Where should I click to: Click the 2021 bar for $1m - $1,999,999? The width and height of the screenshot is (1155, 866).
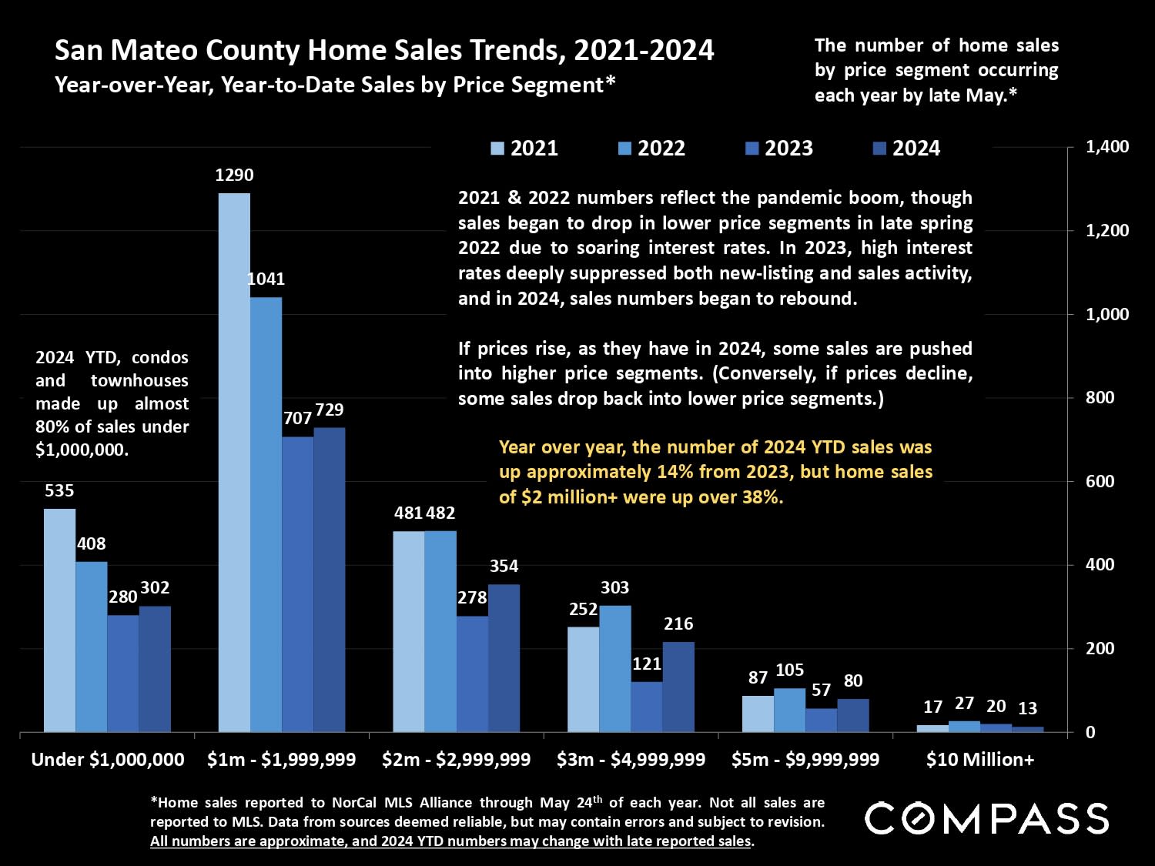coord(234,462)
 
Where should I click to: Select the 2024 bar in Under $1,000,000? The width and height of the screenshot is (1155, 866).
coord(155,669)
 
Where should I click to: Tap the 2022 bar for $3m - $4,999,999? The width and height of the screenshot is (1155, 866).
coord(615,668)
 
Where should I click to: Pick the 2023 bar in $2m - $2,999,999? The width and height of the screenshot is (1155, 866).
coord(472,674)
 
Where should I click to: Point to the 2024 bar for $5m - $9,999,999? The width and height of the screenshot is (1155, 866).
coord(853,715)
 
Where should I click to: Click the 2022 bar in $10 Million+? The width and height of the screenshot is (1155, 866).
coord(964,726)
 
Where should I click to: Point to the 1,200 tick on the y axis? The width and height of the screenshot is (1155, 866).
coord(1107,230)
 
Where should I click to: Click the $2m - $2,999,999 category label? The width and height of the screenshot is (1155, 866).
coord(457,760)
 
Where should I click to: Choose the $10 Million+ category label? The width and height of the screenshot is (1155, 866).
coord(980,760)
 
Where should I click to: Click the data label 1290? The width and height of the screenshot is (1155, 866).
coord(234,176)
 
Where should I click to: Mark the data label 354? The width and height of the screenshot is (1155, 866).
coord(504,567)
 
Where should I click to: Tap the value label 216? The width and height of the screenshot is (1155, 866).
coord(678,624)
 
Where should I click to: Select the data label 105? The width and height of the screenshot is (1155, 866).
coord(789,670)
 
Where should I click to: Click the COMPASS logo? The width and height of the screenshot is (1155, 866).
coord(986,818)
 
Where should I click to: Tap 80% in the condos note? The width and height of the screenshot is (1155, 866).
coord(51,426)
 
